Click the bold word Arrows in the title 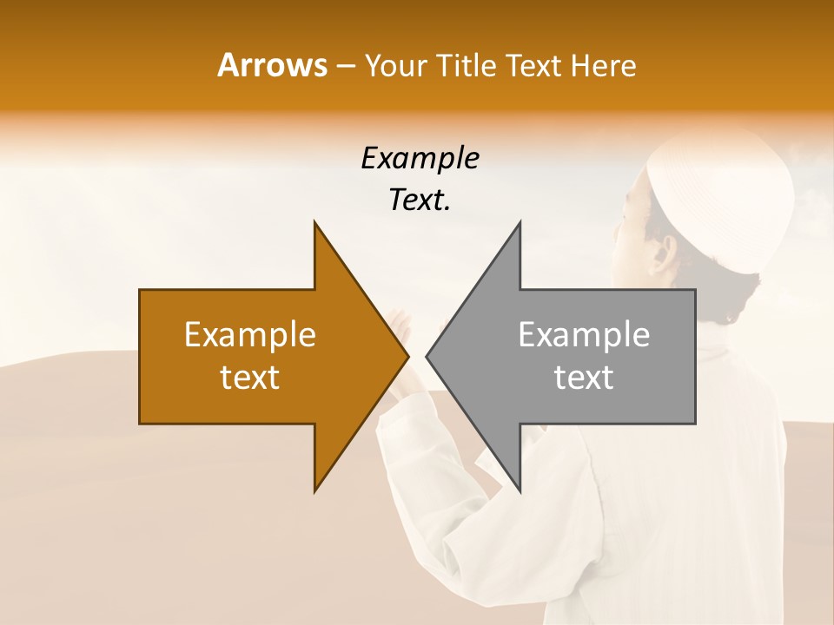pyautogui.click(x=273, y=65)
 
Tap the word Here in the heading pyautogui.click(x=603, y=65)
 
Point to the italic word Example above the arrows pyautogui.click(x=420, y=158)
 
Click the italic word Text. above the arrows pyautogui.click(x=420, y=200)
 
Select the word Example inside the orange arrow pyautogui.click(x=250, y=335)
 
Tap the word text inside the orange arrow pyautogui.click(x=250, y=378)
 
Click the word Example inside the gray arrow pyautogui.click(x=584, y=335)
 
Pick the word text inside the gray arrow pyautogui.click(x=584, y=378)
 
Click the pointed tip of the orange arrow pyautogui.click(x=407, y=356)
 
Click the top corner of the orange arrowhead pyautogui.click(x=315, y=224)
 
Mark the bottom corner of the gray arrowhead pyautogui.click(x=520, y=490)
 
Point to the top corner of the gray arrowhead pyautogui.click(x=520, y=224)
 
